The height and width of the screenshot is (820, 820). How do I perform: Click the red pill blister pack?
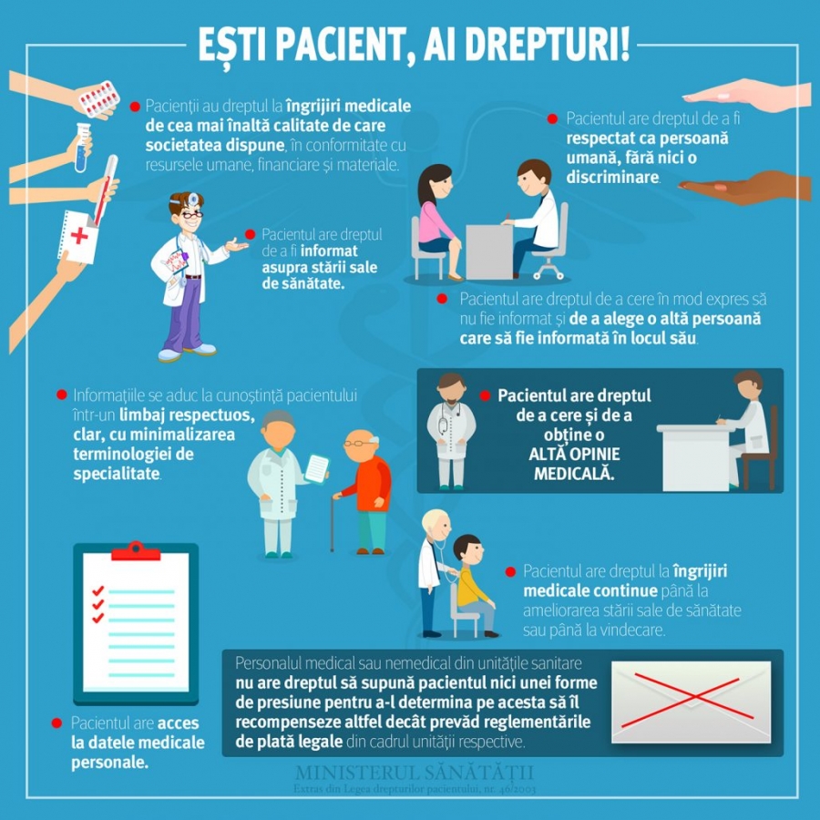[97, 97]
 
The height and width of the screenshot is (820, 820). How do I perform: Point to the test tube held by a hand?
[82, 147]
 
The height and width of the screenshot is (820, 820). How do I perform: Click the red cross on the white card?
[80, 236]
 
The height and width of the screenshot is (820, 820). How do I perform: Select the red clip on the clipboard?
[136, 551]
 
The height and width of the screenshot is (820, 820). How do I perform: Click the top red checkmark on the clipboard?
[98, 590]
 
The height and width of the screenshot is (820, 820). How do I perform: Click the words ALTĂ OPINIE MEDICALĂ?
[574, 464]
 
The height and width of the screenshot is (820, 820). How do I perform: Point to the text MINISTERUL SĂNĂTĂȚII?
[415, 773]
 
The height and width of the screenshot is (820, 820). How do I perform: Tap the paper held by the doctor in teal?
[316, 468]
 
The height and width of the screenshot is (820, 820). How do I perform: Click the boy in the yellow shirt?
[473, 583]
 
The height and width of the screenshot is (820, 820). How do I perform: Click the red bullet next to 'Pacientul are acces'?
[56, 723]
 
